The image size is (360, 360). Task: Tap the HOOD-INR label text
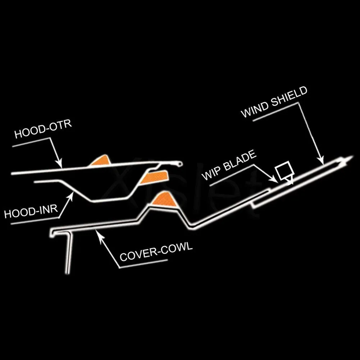point(31,212)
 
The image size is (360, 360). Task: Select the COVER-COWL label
point(156,254)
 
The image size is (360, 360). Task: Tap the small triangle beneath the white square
point(290,180)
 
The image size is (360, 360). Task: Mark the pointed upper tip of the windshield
point(351,157)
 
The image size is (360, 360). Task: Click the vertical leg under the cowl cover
point(68,254)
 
